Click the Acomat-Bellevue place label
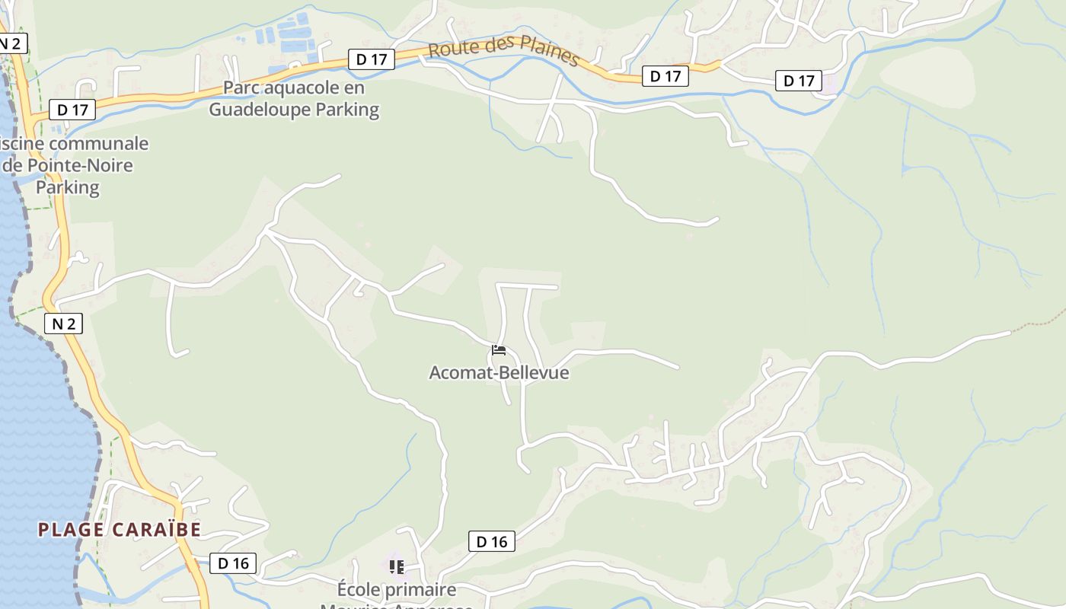[x=499, y=373]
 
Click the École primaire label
[x=397, y=589]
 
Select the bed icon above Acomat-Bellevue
[x=499, y=350]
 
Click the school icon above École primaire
[x=396, y=566]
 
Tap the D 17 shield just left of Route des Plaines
[x=372, y=59]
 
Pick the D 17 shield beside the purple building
[x=799, y=81]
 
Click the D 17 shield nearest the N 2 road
[x=72, y=110]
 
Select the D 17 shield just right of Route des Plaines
[x=665, y=76]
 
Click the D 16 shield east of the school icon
[x=491, y=541]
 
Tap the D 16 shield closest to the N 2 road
[x=233, y=563]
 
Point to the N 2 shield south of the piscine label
[x=64, y=324]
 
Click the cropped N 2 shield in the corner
[x=11, y=43]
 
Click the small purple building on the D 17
[x=828, y=84]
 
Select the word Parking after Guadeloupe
[x=347, y=110]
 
